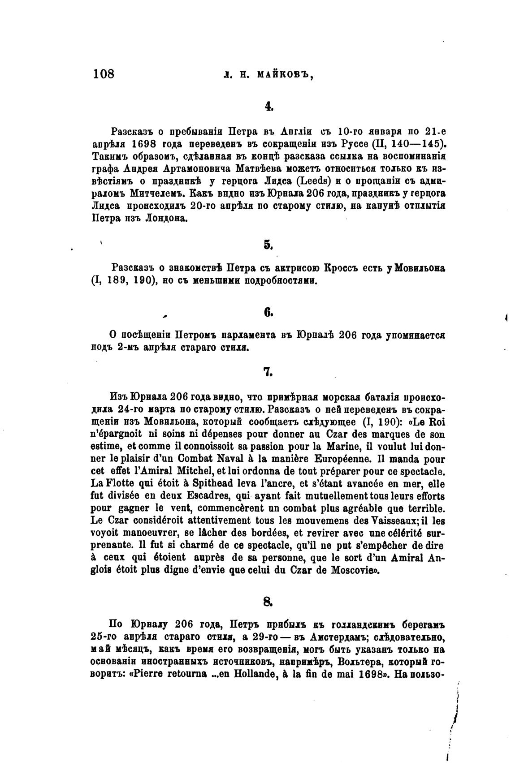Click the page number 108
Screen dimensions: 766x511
104,73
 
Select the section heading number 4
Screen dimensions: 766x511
268,106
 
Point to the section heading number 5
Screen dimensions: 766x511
268,245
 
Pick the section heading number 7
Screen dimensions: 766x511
268,372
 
